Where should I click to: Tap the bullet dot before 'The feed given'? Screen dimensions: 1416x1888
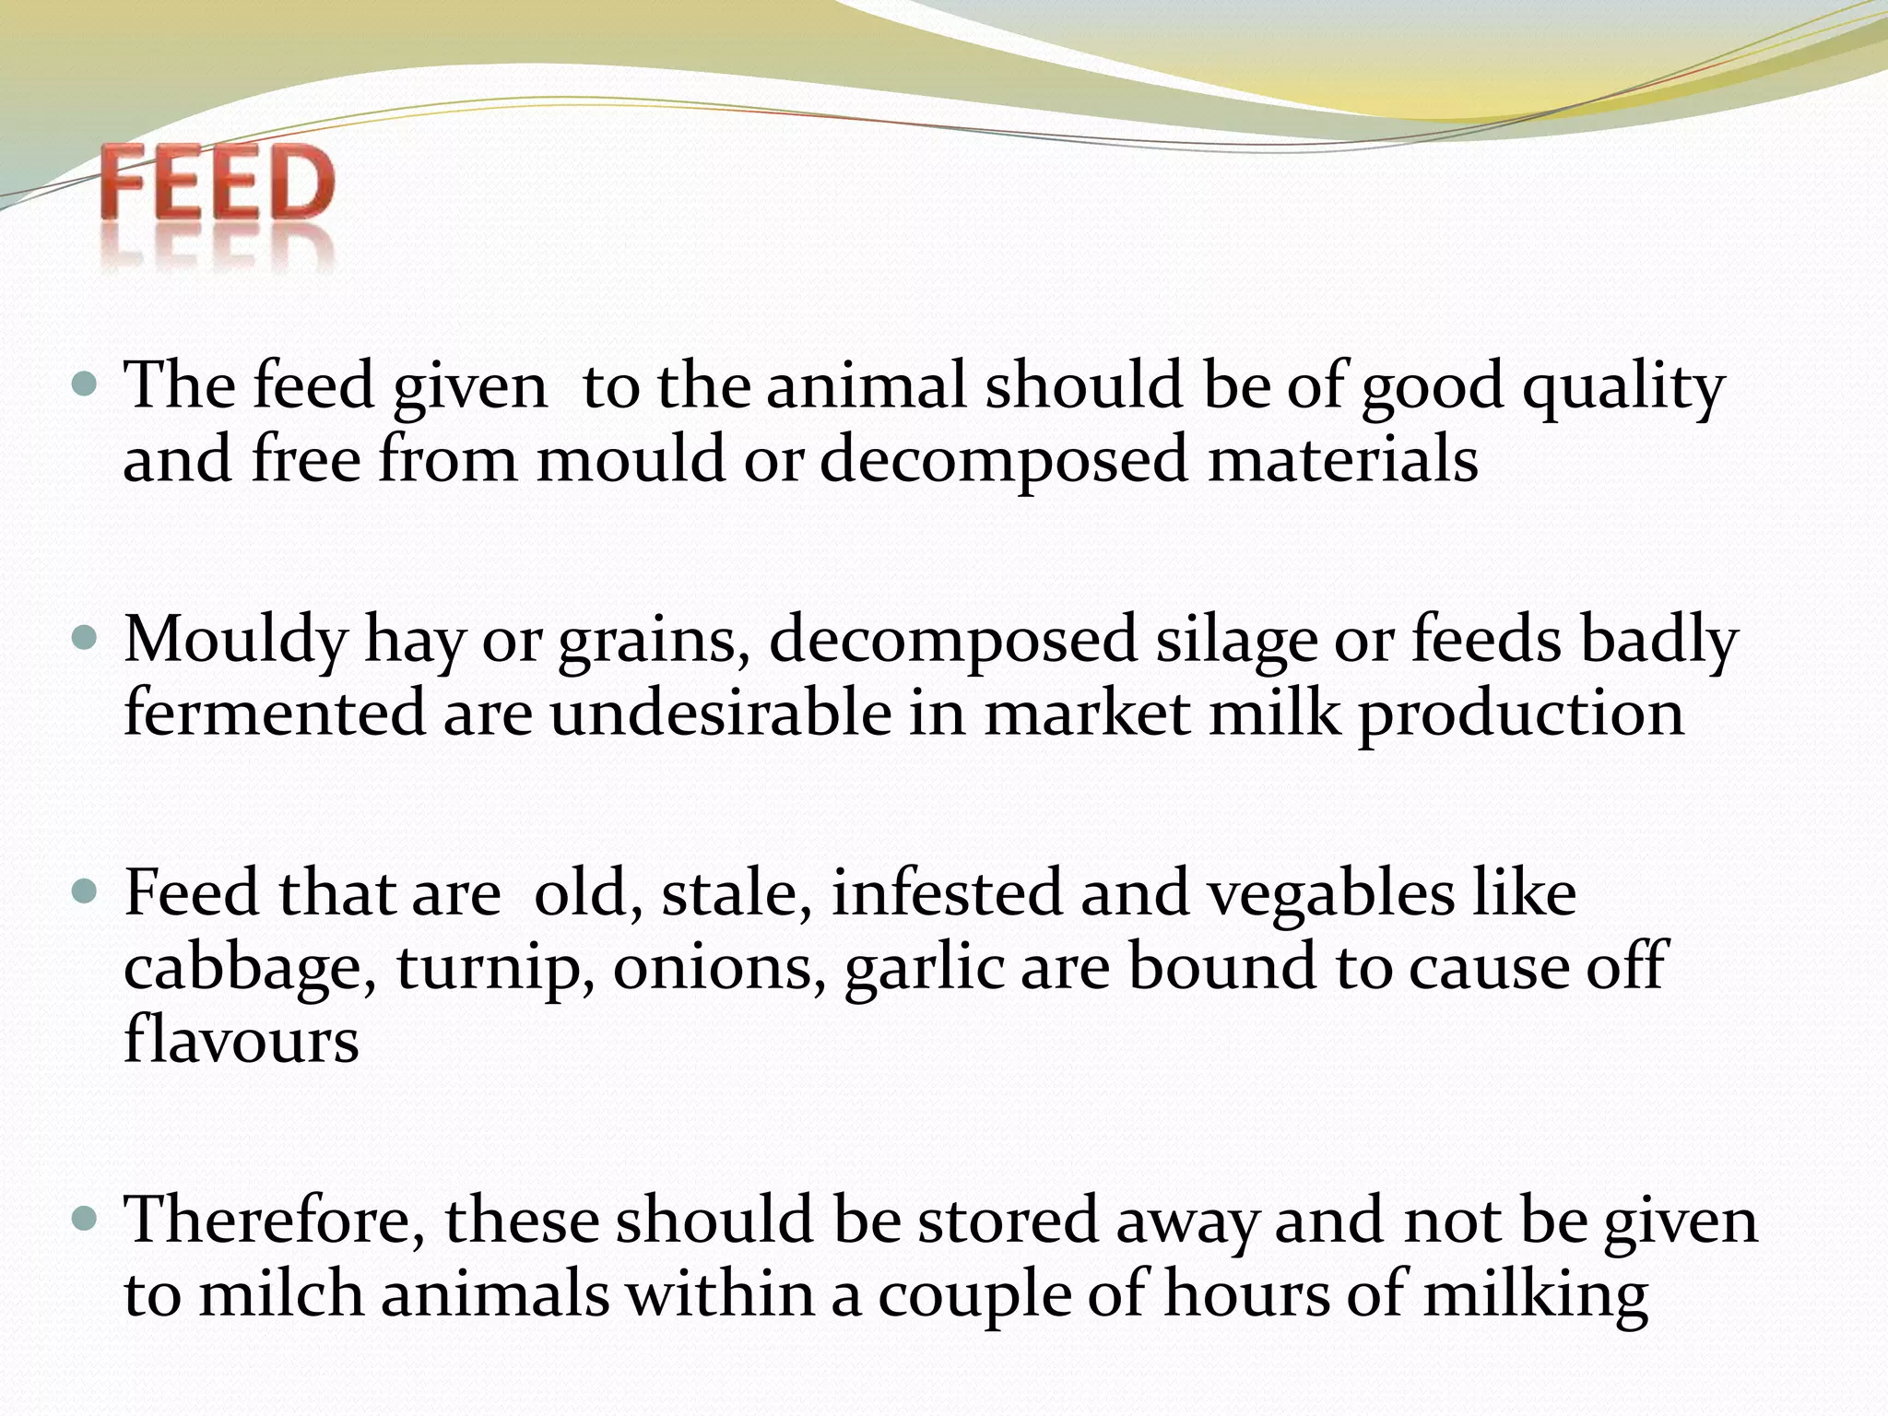(x=84, y=383)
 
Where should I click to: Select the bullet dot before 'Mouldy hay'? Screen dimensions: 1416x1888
(x=84, y=637)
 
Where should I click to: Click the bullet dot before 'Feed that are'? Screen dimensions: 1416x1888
(x=84, y=891)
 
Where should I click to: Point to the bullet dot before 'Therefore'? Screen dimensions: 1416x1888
(x=84, y=1219)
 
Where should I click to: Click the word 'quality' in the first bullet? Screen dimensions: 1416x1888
(x=1622, y=387)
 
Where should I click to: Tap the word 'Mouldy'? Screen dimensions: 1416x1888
(x=234, y=642)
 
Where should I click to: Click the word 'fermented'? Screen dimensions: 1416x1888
(x=274, y=714)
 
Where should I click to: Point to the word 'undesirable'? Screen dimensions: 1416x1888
(x=721, y=714)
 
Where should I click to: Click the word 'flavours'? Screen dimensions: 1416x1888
(x=242, y=1040)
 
